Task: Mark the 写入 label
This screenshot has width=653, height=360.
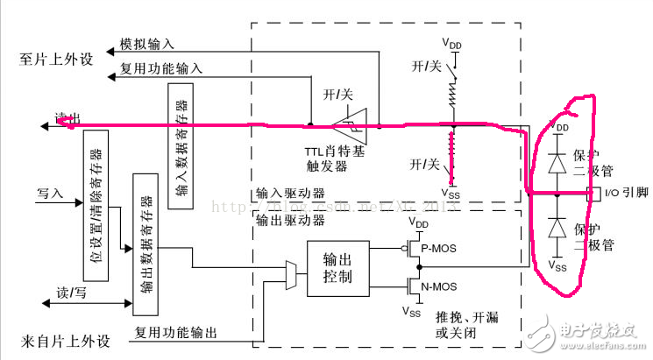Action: point(50,191)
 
